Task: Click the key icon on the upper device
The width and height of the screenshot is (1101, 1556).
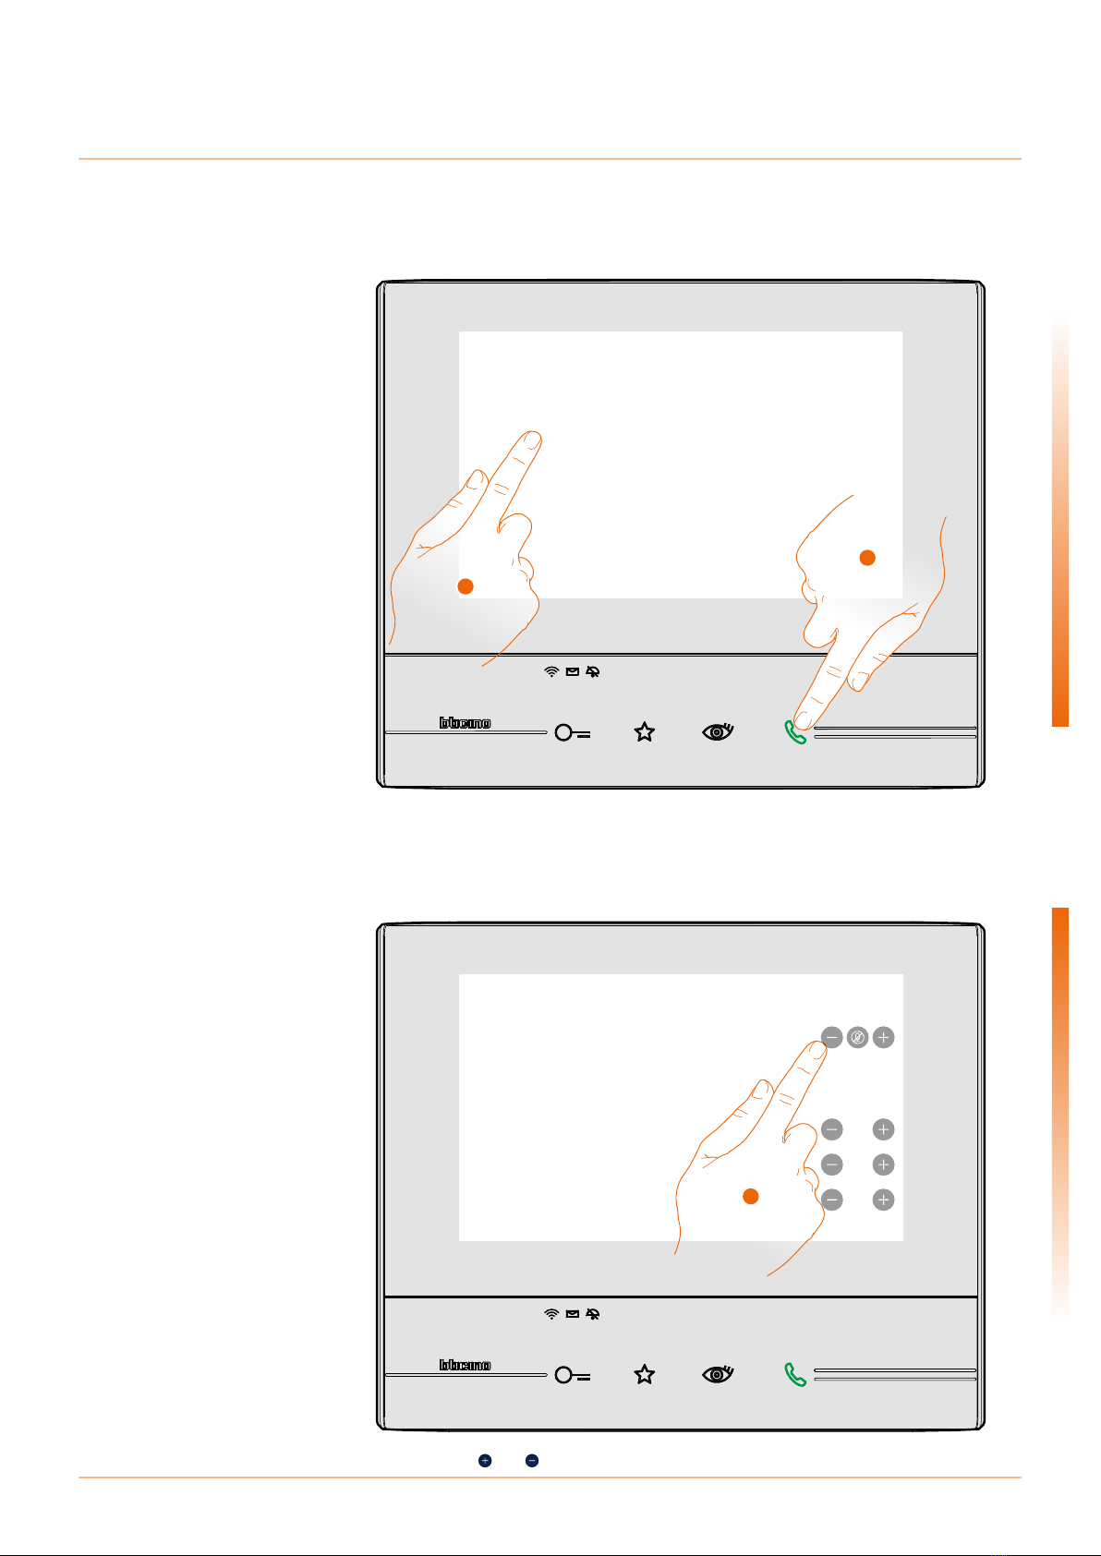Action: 573,733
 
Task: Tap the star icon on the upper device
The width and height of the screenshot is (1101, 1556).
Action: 645,732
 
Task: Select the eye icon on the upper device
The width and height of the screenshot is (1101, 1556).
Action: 718,731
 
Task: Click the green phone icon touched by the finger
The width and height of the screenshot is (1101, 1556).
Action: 795,733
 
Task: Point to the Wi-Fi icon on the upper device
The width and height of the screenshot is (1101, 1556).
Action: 551,671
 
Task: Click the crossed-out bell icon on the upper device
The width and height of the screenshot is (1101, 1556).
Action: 592,671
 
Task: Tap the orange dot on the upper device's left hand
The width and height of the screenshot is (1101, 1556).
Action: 466,586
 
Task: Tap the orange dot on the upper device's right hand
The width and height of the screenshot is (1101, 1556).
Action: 867,558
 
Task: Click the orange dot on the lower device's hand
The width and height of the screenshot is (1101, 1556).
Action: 750,1196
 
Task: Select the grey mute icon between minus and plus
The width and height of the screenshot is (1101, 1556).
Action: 858,1038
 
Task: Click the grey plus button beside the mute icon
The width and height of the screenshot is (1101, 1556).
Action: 884,1038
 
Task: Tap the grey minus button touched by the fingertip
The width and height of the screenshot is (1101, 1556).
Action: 832,1038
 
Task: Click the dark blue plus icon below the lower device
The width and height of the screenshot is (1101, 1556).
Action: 485,1460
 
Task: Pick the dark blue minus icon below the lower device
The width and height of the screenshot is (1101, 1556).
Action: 531,1460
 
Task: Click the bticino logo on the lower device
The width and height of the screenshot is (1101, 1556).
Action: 465,1365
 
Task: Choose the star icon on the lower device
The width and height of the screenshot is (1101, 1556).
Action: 645,1374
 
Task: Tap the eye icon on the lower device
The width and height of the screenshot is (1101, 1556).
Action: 718,1374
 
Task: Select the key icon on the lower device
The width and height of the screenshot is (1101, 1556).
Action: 573,1375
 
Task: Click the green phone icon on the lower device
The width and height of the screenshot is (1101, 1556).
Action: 795,1375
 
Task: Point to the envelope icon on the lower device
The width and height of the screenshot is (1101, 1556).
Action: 573,1313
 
